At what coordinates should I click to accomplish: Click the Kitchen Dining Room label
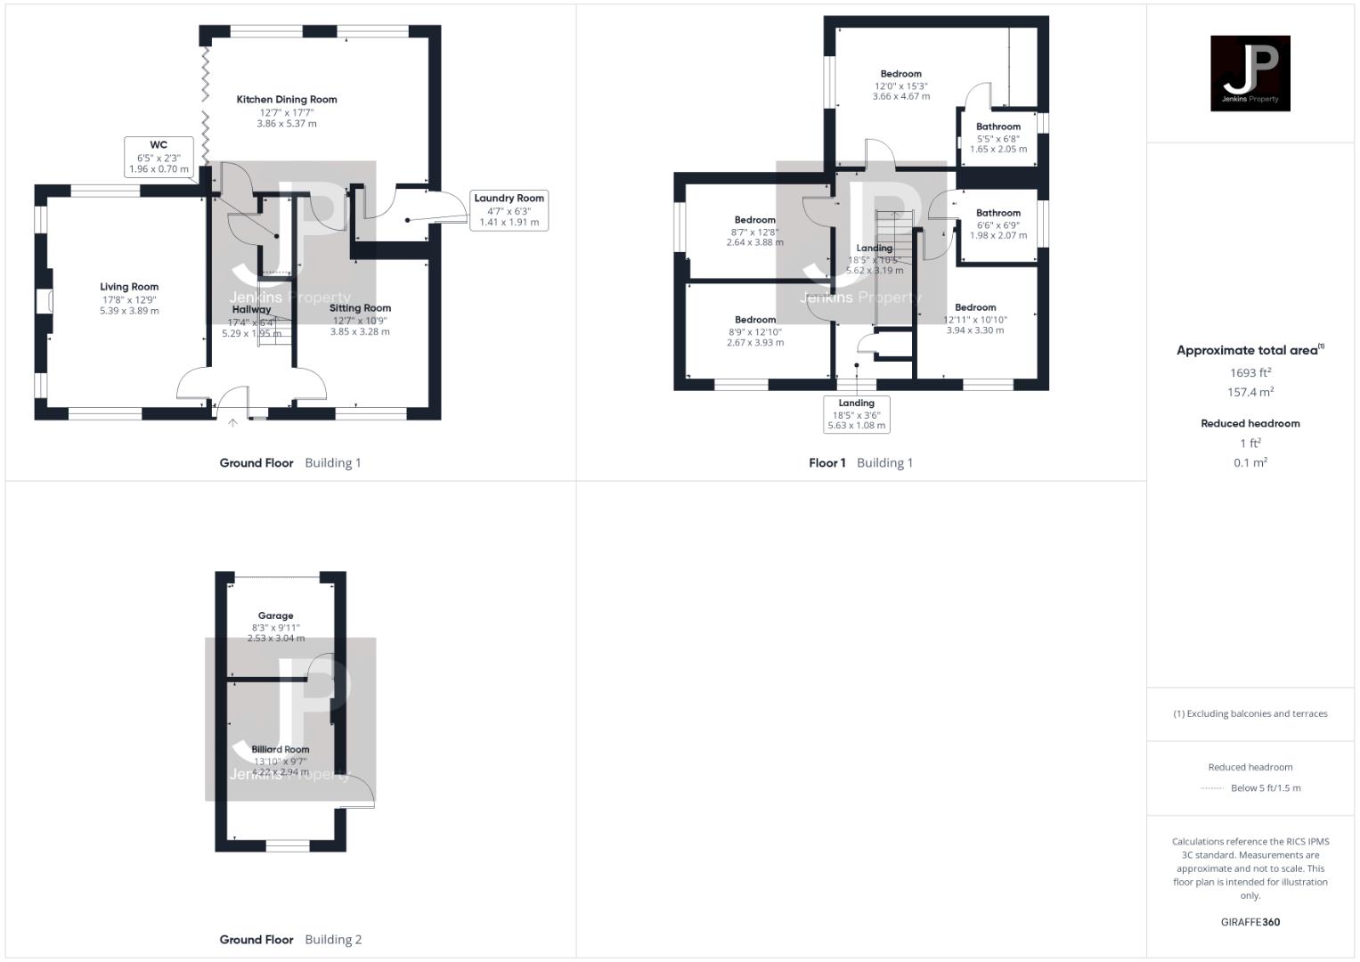click(x=287, y=100)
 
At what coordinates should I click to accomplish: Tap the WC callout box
click(x=159, y=157)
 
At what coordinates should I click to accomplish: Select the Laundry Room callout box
click(x=509, y=210)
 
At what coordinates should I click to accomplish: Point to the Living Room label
click(x=129, y=287)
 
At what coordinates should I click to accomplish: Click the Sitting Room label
click(x=360, y=308)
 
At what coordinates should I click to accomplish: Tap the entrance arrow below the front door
click(x=232, y=423)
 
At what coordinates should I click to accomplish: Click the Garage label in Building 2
click(x=275, y=616)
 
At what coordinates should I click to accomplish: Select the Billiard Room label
click(x=281, y=749)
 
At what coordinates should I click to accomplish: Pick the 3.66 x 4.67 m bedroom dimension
click(x=900, y=96)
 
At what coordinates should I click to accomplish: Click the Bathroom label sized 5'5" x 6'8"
click(x=998, y=126)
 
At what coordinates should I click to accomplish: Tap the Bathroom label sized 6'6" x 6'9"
click(x=998, y=213)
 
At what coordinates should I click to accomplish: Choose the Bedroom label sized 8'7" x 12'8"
click(x=754, y=220)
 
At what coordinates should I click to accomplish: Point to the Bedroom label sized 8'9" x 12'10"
click(x=754, y=320)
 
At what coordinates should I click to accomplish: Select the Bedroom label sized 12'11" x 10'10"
click(x=975, y=307)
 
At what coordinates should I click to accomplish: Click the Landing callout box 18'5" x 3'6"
click(x=856, y=414)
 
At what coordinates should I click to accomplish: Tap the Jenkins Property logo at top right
click(x=1250, y=74)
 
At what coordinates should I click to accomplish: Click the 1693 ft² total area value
click(x=1250, y=373)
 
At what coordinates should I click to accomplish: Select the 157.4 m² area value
click(x=1250, y=393)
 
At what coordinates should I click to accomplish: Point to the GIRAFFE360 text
click(x=1250, y=922)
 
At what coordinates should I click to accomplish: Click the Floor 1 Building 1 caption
click(x=860, y=463)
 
